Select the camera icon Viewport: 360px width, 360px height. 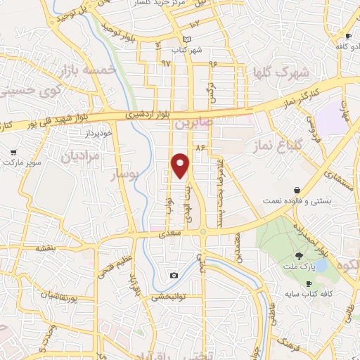coord(174,275)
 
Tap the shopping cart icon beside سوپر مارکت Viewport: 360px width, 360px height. coord(13,152)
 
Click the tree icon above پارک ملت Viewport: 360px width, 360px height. coord(300,255)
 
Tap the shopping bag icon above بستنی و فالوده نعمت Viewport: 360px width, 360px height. coord(299,190)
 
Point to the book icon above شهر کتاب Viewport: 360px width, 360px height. coord(186,39)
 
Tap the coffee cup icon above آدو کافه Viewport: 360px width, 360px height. coord(347,36)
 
